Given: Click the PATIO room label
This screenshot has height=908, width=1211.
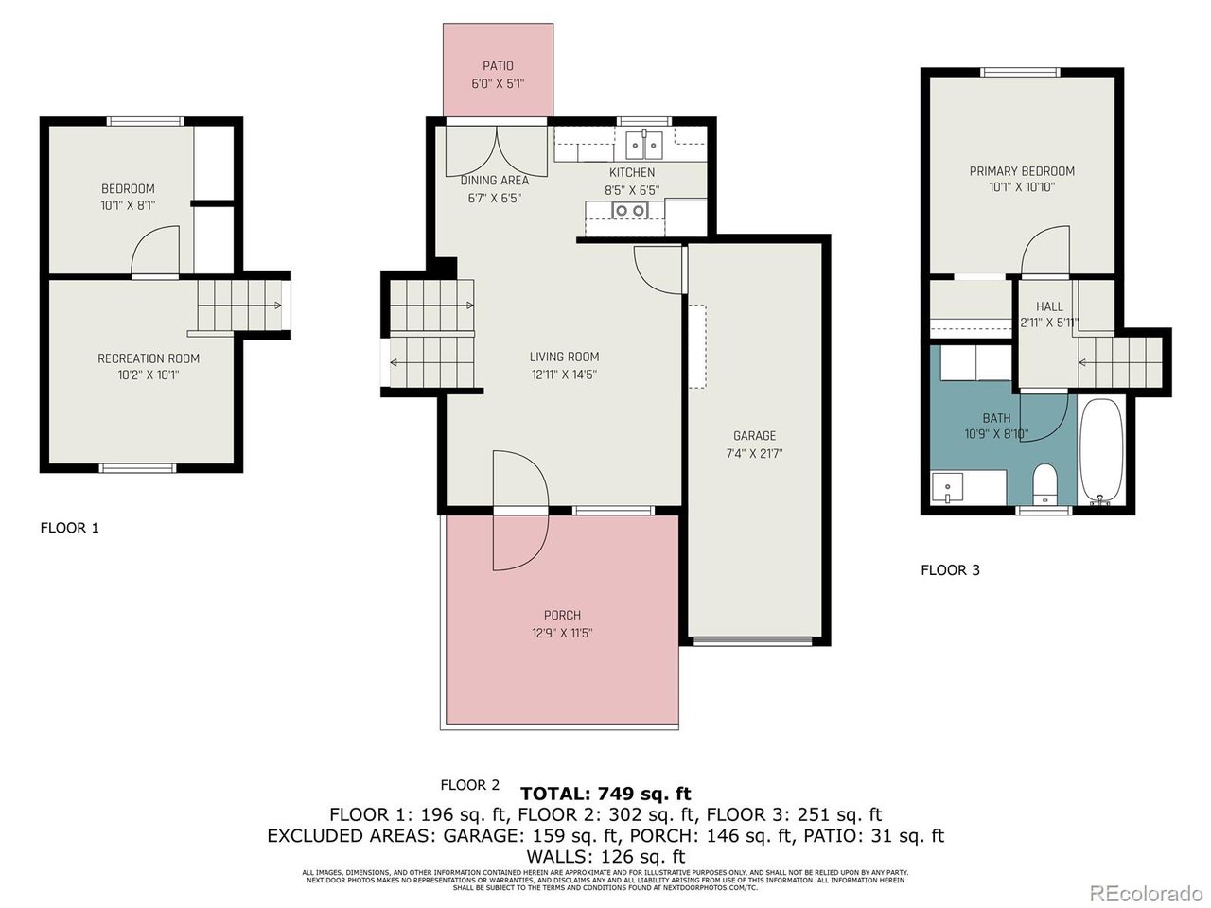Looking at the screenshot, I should (x=498, y=66).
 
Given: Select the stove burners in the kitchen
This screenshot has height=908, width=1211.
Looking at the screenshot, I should (x=625, y=210).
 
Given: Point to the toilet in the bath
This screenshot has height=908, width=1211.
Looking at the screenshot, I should (x=1044, y=485).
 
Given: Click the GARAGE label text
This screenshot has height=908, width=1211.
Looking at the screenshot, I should (x=754, y=436).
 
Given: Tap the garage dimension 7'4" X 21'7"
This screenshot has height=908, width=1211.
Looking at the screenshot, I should (x=754, y=453).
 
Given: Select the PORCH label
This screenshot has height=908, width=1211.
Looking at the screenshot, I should (x=562, y=616).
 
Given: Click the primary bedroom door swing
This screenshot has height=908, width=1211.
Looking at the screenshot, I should (x=1044, y=251).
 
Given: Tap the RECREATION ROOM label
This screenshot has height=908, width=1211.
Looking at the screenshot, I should (x=149, y=358).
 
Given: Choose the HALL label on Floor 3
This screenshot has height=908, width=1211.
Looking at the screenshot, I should (x=1049, y=306).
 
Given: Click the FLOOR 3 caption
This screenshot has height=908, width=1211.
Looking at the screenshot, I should (x=950, y=570).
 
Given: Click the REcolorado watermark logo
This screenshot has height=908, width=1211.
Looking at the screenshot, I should (x=1145, y=892).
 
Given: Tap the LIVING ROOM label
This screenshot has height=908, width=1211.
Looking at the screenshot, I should (x=564, y=357).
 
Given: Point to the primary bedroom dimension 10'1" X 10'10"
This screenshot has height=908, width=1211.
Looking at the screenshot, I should (x=1022, y=187).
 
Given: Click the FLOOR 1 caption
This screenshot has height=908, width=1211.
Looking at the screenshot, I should (x=69, y=528).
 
